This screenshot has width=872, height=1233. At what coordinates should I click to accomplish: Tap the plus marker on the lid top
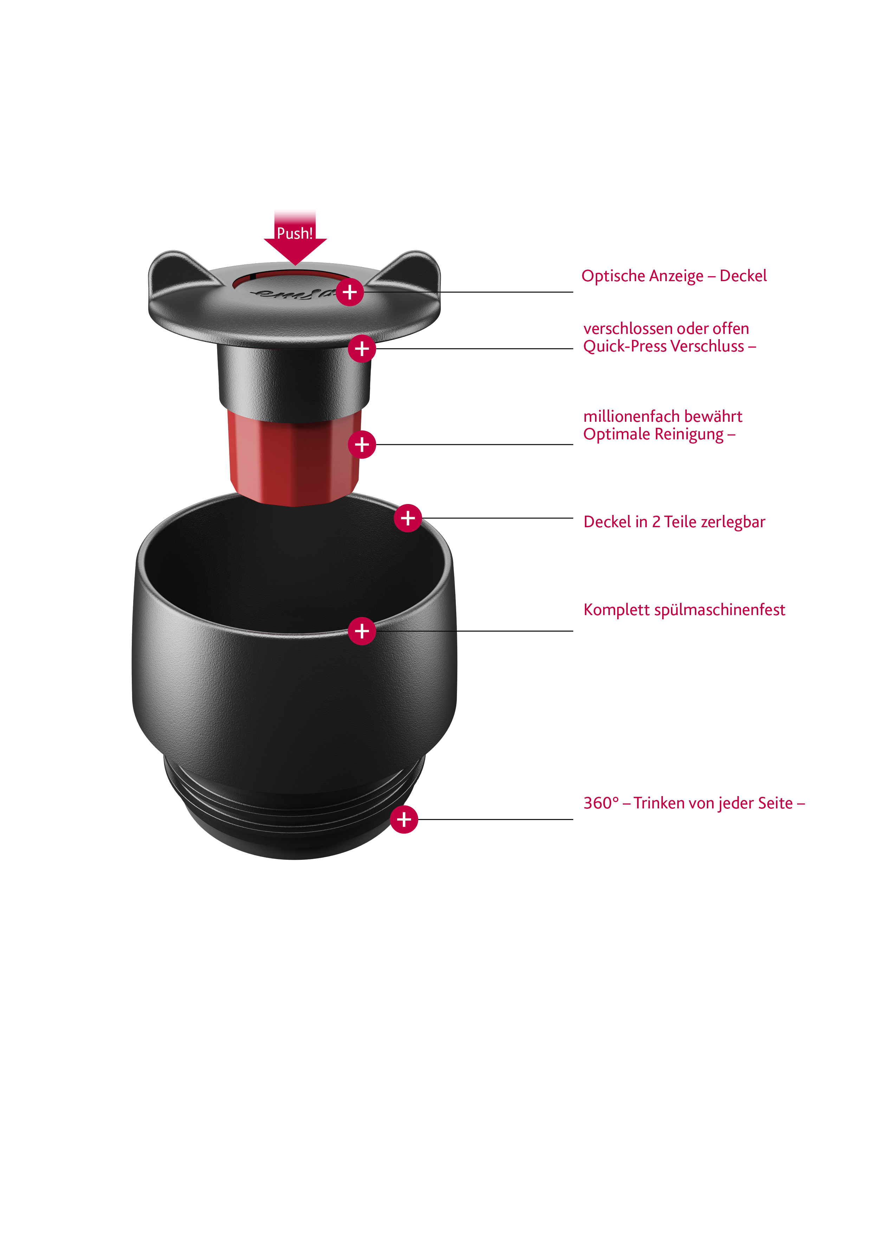coord(350,292)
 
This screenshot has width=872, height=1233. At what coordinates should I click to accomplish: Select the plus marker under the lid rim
coord(362,349)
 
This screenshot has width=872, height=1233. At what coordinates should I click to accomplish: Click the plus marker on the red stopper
coord(362,445)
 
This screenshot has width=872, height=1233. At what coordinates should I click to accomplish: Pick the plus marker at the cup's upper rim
coord(408,518)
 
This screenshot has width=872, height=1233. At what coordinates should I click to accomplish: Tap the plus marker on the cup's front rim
coord(362,631)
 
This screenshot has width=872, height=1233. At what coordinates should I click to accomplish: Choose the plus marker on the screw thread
coord(404,820)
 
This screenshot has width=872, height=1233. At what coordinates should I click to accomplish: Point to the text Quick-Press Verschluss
coord(664,346)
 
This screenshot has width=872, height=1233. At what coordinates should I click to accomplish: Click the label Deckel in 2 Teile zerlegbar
coord(674,522)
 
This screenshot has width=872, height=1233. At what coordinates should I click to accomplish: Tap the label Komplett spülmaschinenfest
coord(684,610)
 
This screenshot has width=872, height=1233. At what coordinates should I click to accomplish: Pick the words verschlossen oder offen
coord(666,329)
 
